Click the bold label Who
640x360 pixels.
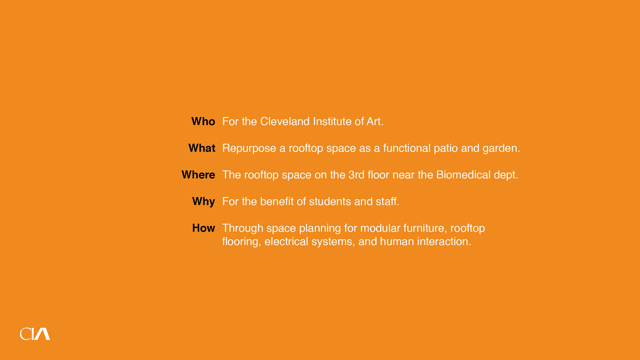[x=203, y=121]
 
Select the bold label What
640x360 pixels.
[x=202, y=148]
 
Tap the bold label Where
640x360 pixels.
[x=198, y=175]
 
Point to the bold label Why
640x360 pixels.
[x=203, y=202]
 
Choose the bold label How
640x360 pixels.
[x=203, y=228]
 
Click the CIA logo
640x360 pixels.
[x=35, y=334]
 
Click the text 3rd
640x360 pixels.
[x=356, y=175]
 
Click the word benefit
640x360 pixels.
[x=277, y=201]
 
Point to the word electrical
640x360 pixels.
[x=286, y=241]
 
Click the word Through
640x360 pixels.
[x=243, y=229]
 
